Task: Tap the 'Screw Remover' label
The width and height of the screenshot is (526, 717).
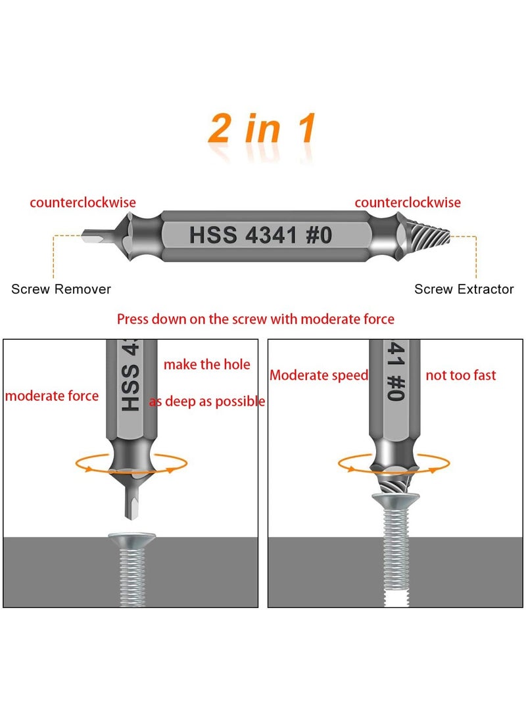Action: click(61, 289)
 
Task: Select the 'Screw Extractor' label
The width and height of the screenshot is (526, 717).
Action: click(464, 289)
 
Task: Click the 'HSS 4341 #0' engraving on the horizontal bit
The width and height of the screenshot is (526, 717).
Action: click(261, 235)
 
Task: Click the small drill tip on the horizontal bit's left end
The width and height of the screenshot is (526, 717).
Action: click(93, 235)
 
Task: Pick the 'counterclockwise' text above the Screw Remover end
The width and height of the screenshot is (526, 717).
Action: click(83, 202)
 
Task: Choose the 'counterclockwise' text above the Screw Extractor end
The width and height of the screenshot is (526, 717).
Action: click(408, 202)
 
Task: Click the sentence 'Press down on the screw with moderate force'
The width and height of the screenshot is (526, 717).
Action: click(256, 319)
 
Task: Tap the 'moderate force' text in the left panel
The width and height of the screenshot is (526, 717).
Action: click(52, 396)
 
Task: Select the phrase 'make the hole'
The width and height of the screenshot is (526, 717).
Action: click(206, 364)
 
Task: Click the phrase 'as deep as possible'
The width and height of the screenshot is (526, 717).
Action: click(207, 402)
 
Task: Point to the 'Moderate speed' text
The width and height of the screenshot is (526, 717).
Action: click(319, 375)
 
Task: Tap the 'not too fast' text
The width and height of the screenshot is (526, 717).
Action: click(461, 375)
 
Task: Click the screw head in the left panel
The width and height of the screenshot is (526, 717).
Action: click(132, 543)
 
